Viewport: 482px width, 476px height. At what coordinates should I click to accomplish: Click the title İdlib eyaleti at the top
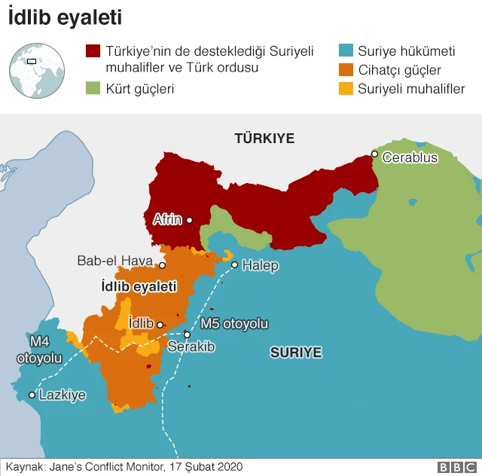66,18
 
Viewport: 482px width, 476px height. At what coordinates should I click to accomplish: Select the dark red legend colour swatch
93,51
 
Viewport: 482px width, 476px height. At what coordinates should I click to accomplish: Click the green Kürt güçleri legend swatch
93,89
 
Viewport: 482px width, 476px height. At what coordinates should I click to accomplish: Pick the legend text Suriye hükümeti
406,52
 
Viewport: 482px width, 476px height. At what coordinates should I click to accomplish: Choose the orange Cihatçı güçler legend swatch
346,71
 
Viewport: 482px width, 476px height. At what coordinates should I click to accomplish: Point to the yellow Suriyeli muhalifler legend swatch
346,89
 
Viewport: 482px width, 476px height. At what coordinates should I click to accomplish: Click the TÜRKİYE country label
264,139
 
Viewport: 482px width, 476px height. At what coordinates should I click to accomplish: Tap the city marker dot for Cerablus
374,154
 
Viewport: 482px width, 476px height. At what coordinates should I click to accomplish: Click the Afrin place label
166,220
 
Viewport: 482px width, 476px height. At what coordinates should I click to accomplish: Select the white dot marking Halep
234,264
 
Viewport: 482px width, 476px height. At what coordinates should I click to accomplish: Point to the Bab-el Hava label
114,261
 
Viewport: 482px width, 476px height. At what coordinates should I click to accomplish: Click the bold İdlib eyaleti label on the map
139,287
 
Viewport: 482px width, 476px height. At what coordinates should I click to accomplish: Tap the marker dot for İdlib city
160,325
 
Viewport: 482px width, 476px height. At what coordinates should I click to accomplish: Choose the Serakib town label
191,347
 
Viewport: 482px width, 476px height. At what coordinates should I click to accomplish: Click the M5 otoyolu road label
234,324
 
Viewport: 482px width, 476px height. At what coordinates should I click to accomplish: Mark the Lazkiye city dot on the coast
32,395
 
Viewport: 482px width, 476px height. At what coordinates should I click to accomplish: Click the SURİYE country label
296,352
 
